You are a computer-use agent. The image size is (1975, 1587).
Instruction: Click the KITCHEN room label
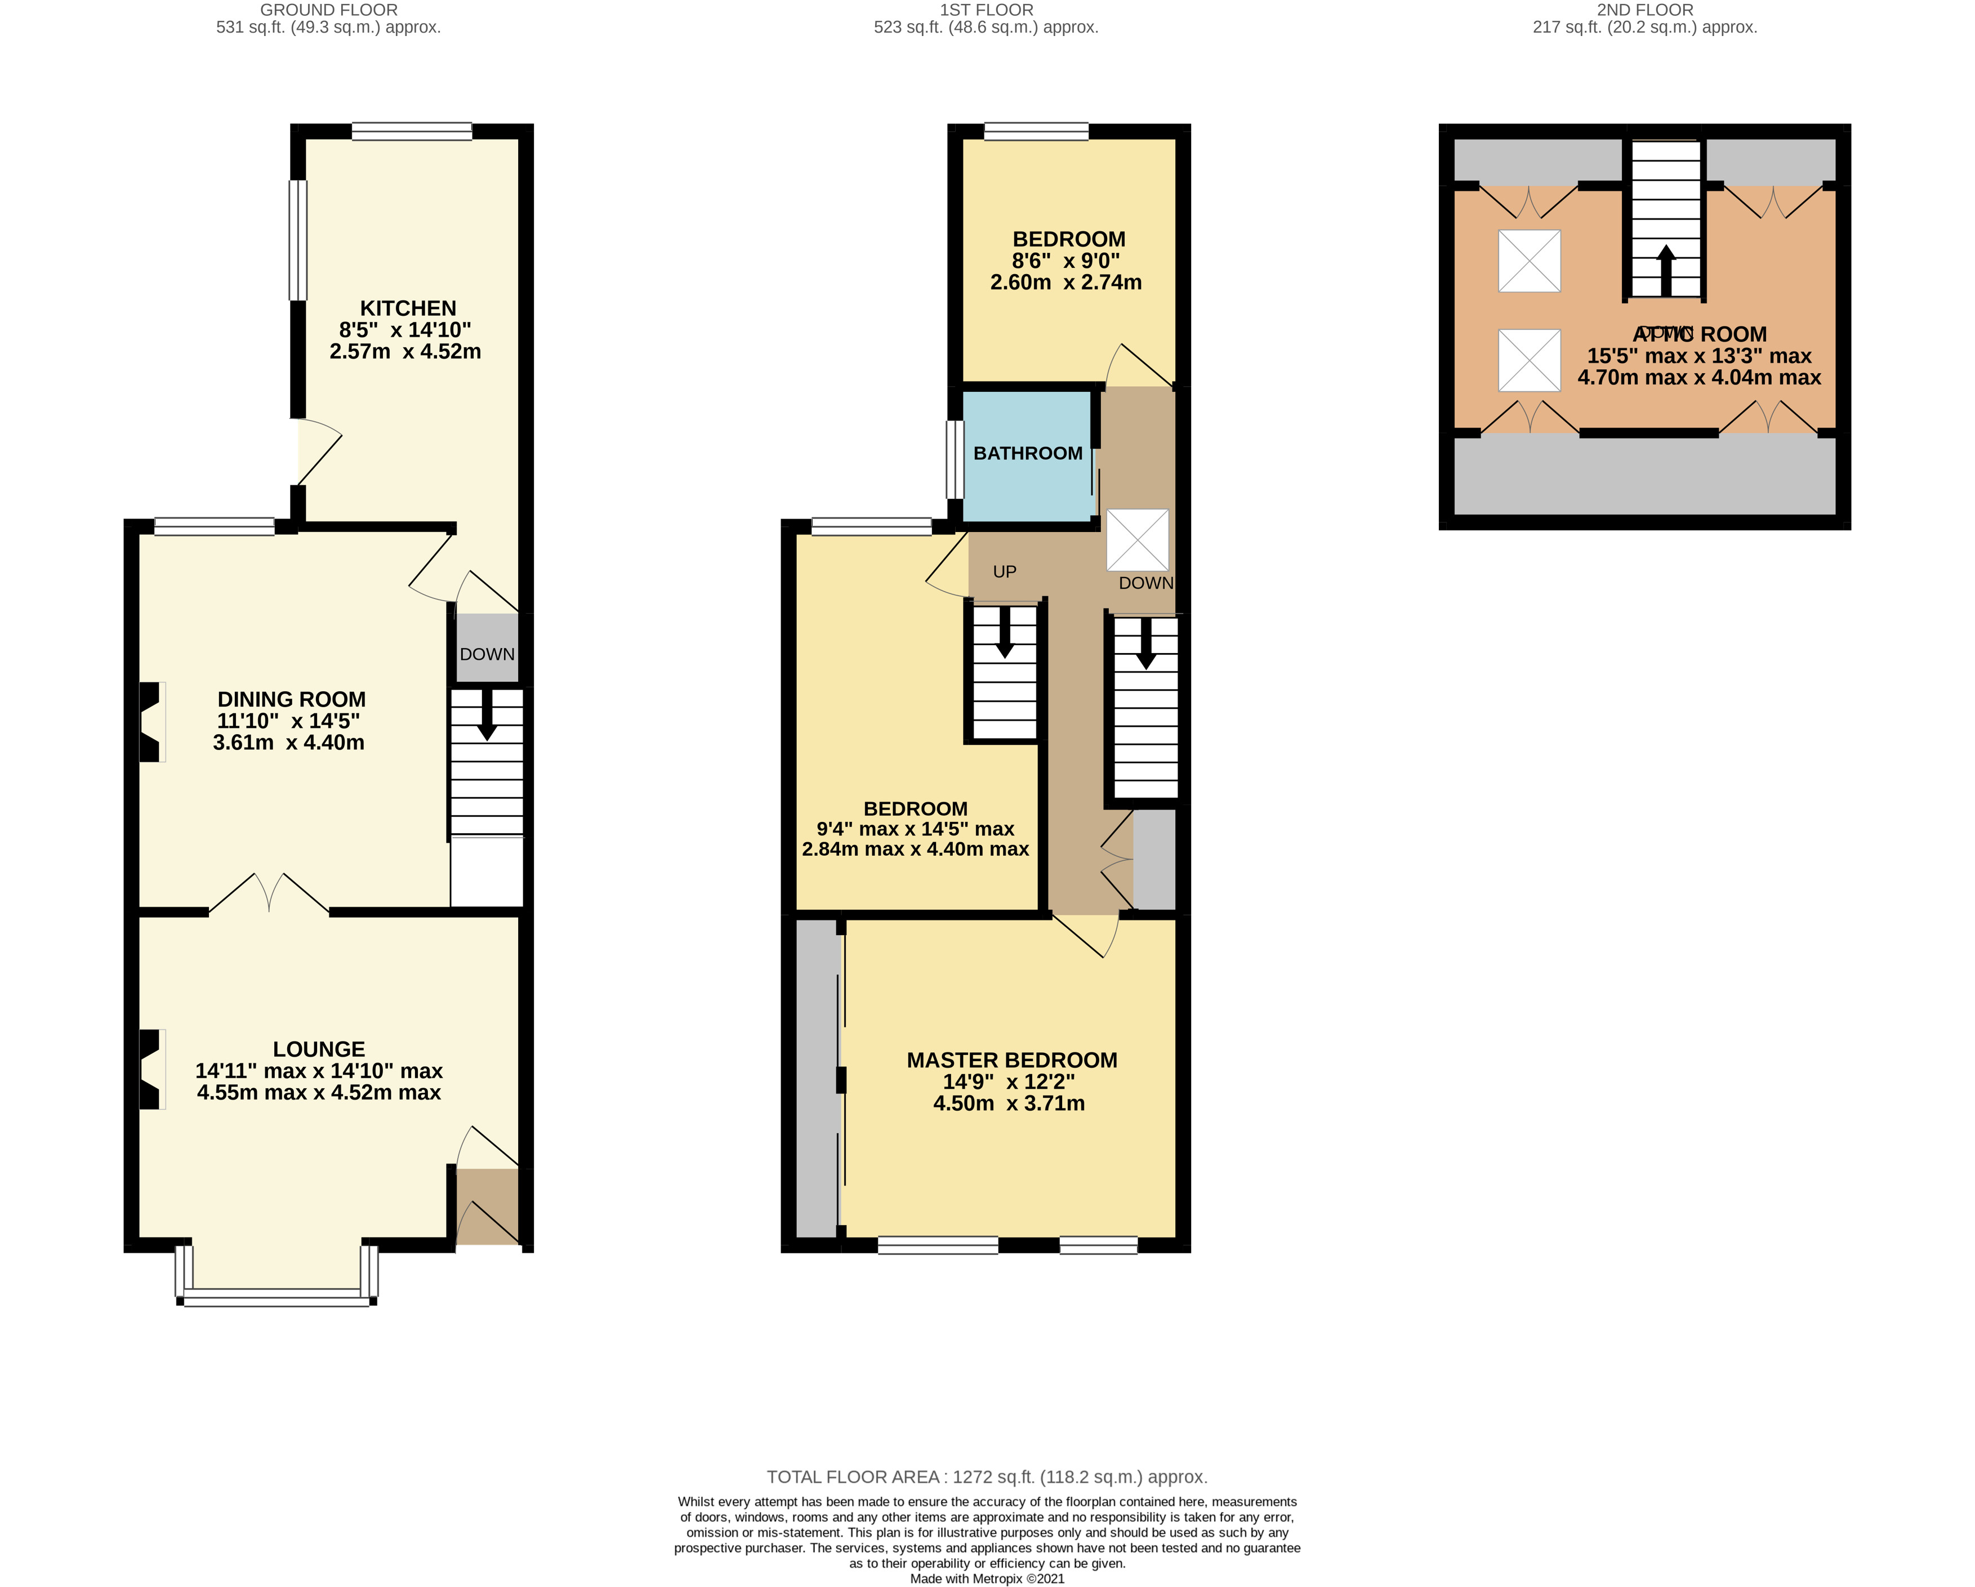(408, 309)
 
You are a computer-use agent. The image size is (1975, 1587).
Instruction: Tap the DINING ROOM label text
(291, 700)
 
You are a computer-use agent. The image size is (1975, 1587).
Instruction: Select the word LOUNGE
(319, 1049)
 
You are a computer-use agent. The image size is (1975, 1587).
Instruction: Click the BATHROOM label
(1028, 453)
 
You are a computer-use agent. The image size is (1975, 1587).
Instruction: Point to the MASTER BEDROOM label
(1011, 1061)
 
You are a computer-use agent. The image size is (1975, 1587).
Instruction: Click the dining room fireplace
(150, 722)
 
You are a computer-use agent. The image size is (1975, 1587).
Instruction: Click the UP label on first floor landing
(1004, 571)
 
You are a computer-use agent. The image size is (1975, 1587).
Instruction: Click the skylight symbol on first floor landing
(1138, 540)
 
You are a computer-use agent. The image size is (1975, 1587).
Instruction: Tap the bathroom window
(956, 460)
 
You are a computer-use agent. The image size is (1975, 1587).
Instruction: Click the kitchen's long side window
(298, 240)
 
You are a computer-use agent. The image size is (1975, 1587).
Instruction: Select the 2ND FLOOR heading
(1644, 10)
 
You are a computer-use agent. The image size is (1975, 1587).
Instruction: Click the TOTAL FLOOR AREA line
(987, 1476)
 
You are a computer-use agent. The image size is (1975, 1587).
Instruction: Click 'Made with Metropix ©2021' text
(987, 1579)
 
